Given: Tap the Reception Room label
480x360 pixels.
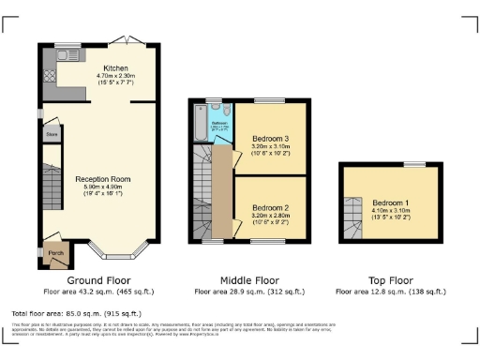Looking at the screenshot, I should click(103, 178).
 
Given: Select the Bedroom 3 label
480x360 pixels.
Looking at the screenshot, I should click(270, 140).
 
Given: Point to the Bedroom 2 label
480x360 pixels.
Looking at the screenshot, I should click(270, 207).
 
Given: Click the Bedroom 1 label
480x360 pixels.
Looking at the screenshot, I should click(391, 202).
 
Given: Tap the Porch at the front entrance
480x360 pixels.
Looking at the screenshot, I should click(56, 252).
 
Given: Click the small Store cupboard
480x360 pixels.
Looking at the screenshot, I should click(52, 135).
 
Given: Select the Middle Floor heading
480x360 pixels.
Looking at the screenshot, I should click(249, 279).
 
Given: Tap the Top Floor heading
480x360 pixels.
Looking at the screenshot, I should click(390, 279).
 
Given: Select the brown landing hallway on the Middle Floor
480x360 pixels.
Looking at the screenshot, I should click(221, 192).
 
